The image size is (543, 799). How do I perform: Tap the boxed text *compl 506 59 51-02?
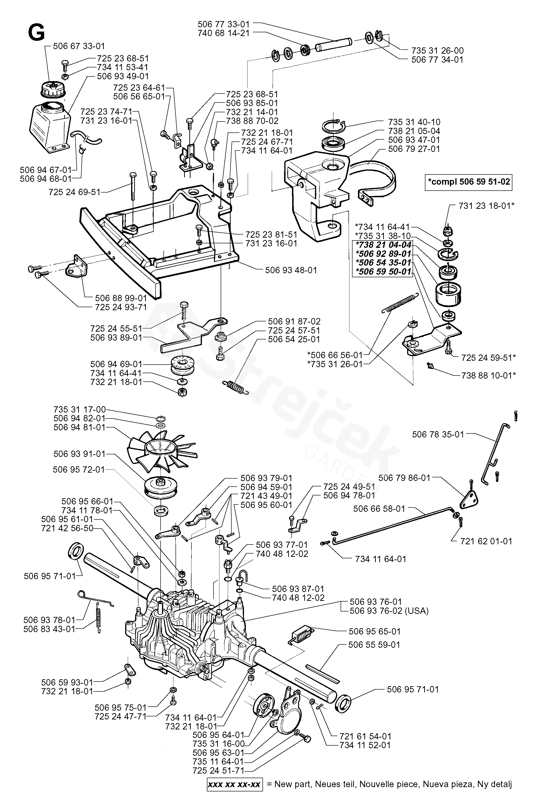(x=468, y=182)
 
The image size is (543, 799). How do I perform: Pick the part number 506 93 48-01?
(x=291, y=270)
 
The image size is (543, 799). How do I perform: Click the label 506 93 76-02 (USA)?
(x=389, y=611)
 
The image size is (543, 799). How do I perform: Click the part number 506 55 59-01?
(x=374, y=645)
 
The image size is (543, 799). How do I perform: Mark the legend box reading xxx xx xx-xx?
(x=235, y=785)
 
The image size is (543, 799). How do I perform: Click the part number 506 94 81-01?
(x=79, y=427)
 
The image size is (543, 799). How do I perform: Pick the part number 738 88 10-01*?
(x=489, y=376)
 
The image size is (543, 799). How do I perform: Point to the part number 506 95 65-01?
(x=374, y=632)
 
